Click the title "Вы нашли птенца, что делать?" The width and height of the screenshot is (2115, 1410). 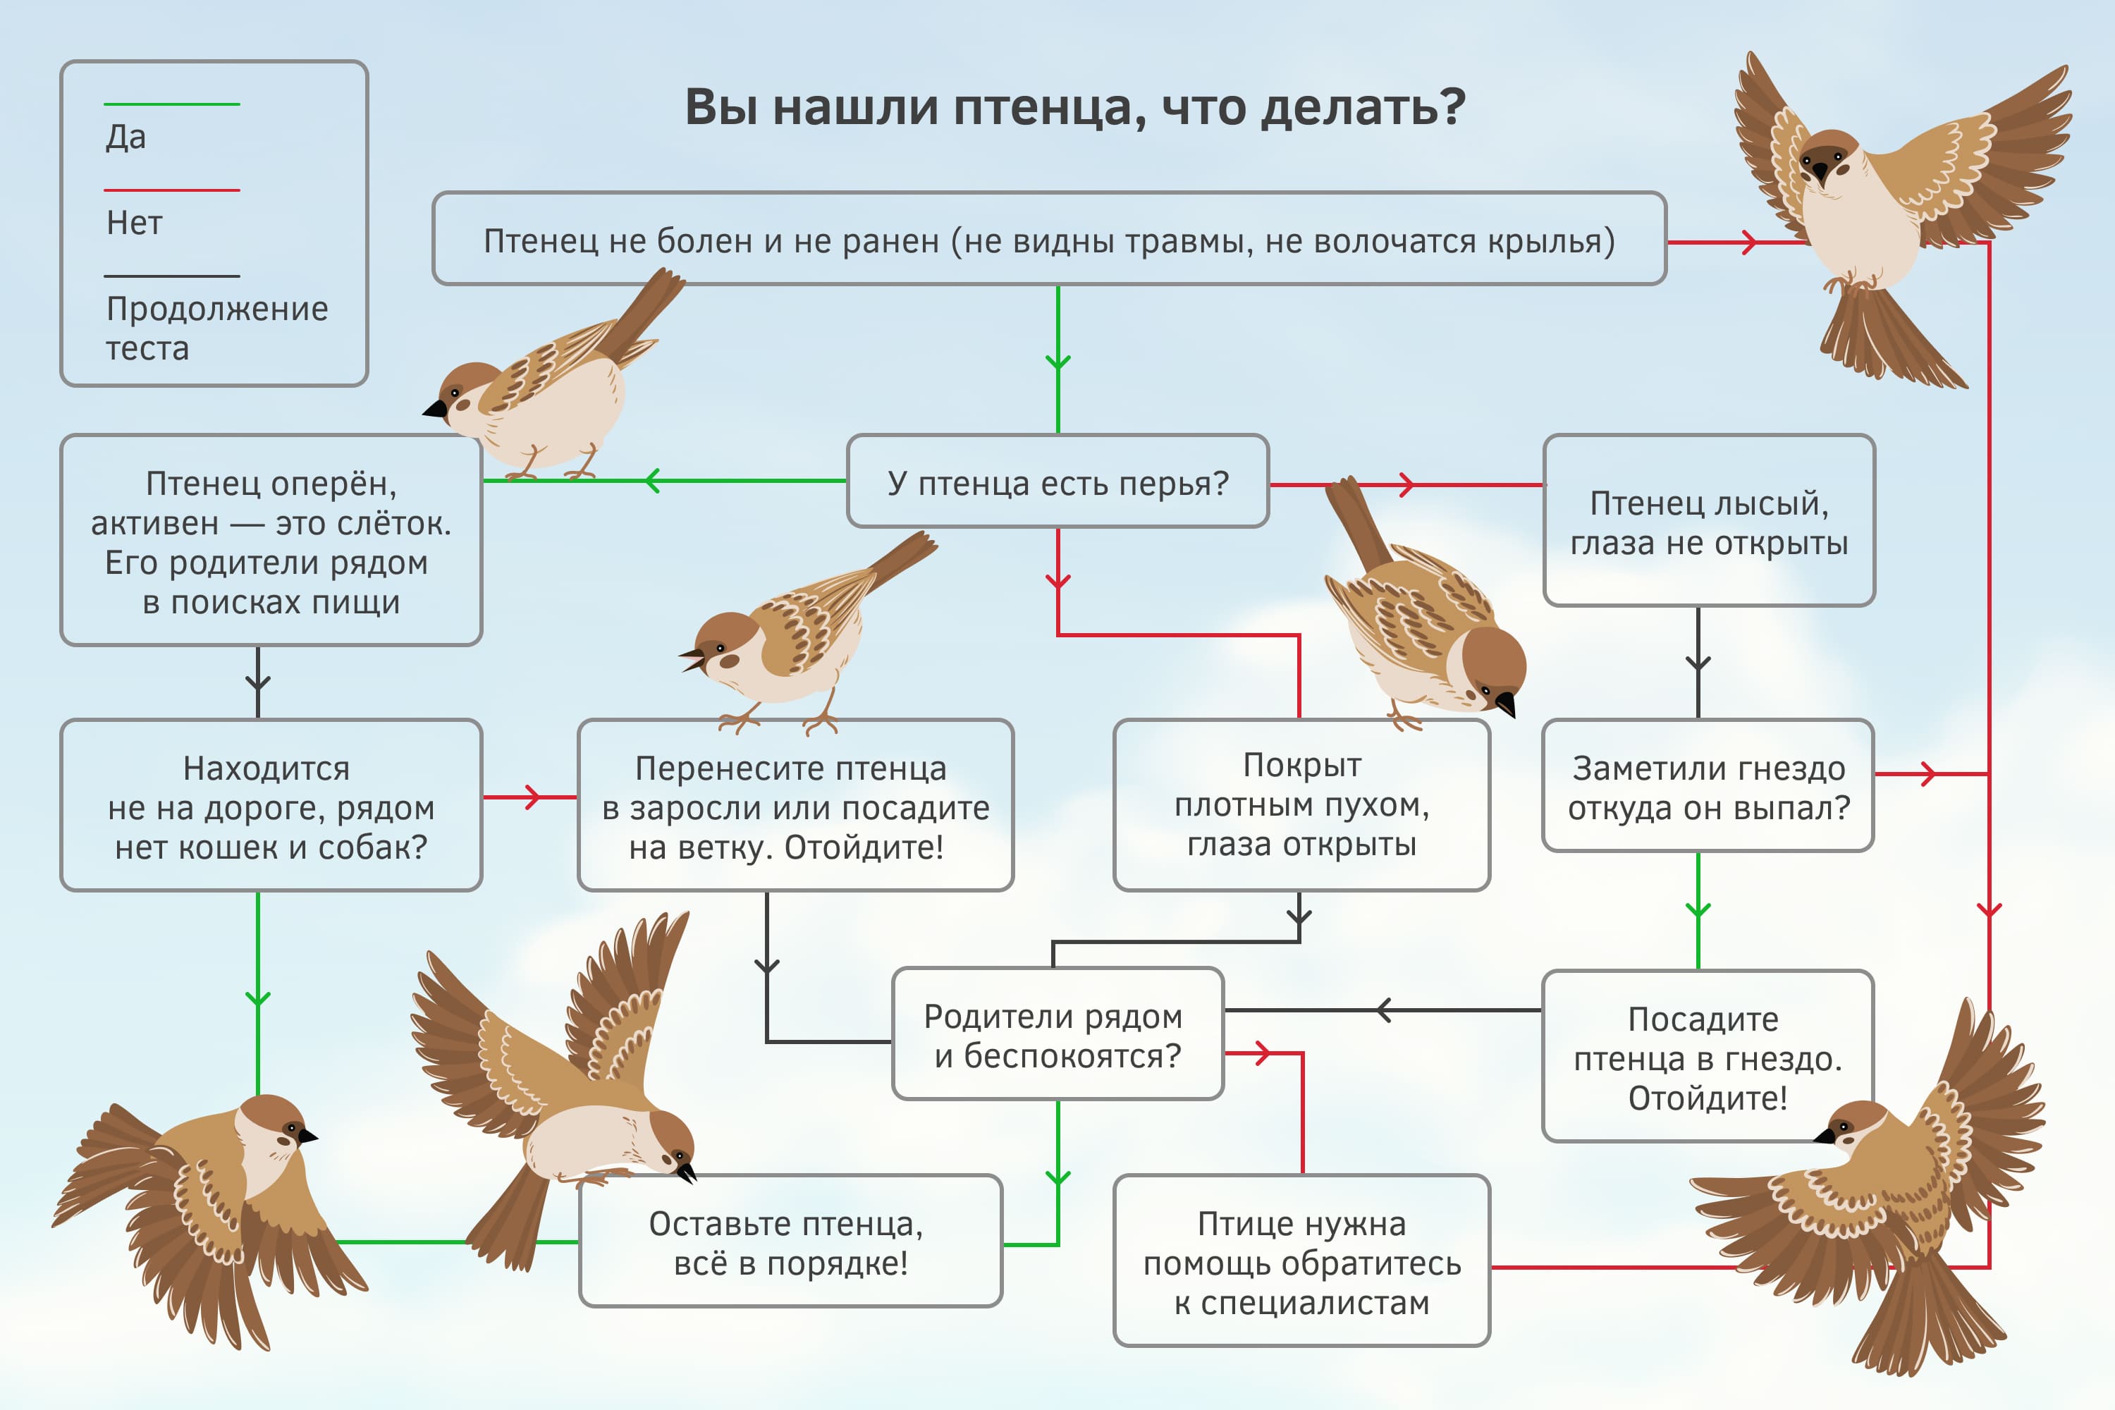coord(1074,108)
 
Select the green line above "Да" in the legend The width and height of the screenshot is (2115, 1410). coord(172,104)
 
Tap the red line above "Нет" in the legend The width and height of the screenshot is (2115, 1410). coord(172,190)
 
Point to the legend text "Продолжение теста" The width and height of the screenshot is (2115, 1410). coord(216,327)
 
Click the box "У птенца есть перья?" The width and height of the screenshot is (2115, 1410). coord(1057,483)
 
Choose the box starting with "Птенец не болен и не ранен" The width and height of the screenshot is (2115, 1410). coord(1048,240)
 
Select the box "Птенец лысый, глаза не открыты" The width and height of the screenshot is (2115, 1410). coord(1708,522)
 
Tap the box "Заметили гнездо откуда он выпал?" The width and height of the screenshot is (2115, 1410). coord(1708,787)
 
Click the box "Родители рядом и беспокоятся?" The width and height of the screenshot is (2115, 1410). coord(1057,1035)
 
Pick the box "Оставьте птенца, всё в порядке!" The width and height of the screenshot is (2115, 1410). coord(790,1243)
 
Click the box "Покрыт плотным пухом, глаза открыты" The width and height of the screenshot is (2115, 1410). coord(1301,805)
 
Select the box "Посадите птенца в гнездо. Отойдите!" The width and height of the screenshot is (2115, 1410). coord(1707,1057)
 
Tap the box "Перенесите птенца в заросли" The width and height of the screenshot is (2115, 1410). coord(795,807)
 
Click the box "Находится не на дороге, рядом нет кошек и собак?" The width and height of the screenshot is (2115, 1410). coord(271,807)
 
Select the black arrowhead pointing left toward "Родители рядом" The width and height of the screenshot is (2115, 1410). coord(1384,1010)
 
